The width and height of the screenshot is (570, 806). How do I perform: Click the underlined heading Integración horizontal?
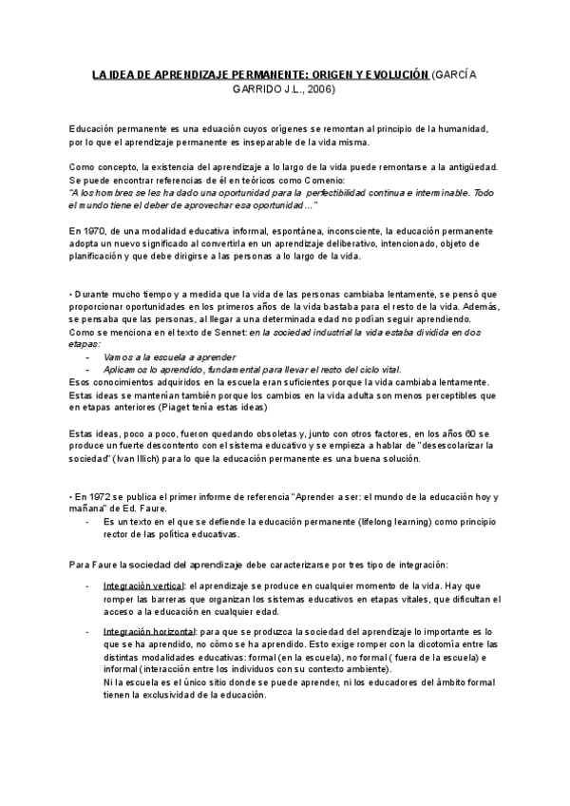click(x=148, y=631)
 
